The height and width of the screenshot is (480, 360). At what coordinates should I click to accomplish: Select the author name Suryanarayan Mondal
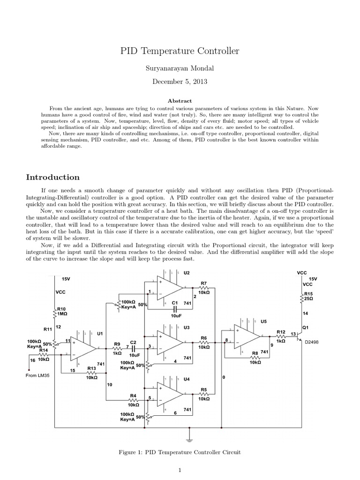pyautogui.click(x=180, y=68)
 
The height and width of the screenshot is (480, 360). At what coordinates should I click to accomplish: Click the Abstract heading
pyautogui.click(x=180, y=100)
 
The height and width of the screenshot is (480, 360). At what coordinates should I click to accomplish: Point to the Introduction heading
pyautogui.click(x=52, y=177)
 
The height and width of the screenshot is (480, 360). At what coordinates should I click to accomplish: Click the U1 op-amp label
pyautogui.click(x=100, y=334)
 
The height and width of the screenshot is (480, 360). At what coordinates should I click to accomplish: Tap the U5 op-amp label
pyautogui.click(x=263, y=322)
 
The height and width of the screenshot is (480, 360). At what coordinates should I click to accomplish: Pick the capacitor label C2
pyautogui.click(x=133, y=343)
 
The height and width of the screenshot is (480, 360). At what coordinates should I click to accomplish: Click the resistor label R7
pyautogui.click(x=204, y=283)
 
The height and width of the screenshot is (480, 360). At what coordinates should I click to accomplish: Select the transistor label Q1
pyautogui.click(x=305, y=327)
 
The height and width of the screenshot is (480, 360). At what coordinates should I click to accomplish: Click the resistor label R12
pyautogui.click(x=281, y=332)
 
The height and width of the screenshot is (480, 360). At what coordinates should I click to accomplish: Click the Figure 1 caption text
pyautogui.click(x=180, y=452)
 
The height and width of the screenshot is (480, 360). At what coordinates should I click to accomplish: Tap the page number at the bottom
pyautogui.click(x=180, y=471)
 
